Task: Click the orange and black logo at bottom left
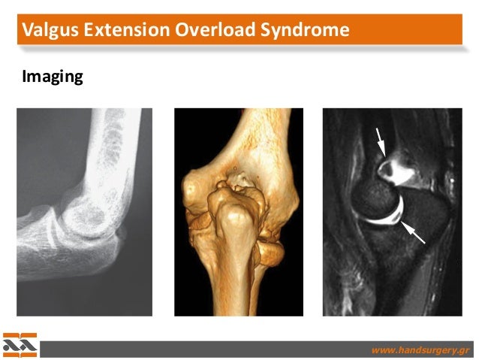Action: (20, 345)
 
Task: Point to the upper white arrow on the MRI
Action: (381, 141)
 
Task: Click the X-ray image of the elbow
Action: (84, 211)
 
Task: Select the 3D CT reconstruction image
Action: (238, 211)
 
